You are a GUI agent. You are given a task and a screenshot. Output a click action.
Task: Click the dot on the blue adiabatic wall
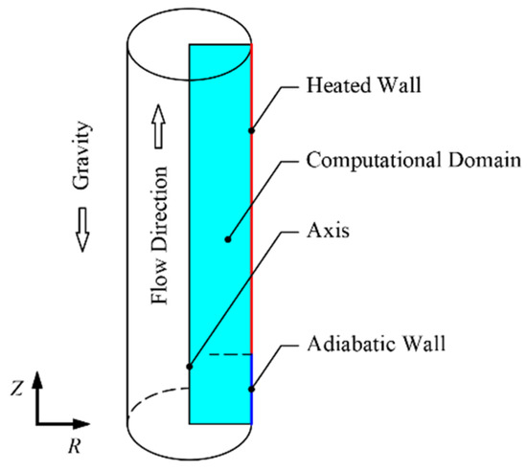coord(251,389)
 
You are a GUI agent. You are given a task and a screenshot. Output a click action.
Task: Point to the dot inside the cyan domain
coord(228,239)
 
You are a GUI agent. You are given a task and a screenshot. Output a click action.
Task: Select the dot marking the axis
coord(190,367)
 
